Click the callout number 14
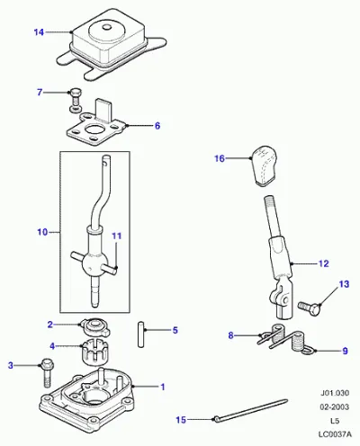39,32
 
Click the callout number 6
157,126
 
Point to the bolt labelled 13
310,306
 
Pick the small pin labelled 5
141,334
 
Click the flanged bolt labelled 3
46,372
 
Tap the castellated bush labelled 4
94,352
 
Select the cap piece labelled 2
94,327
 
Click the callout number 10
42,232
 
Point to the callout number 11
116,236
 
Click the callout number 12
323,263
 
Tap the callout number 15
181,420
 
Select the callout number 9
345,351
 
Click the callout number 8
230,335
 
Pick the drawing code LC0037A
335,434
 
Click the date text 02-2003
334,406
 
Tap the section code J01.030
335,393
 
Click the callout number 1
163,387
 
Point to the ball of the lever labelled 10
92,264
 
